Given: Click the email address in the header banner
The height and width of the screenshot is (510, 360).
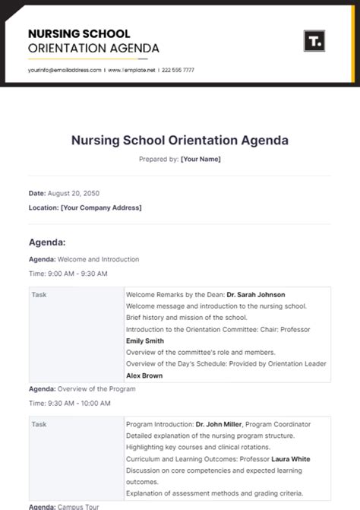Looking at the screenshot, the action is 65,70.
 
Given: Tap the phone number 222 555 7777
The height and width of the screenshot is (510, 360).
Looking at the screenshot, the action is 178,70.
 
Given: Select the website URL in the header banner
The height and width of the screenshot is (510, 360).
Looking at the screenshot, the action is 131,70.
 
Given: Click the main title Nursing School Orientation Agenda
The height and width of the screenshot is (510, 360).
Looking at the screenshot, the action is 180,141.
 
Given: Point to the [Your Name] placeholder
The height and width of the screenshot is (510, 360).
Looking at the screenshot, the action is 201,159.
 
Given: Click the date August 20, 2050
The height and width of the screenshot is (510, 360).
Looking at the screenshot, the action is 74,194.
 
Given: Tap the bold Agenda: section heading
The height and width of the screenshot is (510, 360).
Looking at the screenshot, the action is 47,242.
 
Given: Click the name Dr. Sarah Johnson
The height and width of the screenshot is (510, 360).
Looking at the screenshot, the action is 256,295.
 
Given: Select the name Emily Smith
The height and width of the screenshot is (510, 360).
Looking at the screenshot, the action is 144,341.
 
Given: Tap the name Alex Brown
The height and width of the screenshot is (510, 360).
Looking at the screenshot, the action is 144,375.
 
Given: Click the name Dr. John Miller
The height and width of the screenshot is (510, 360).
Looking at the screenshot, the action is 219,424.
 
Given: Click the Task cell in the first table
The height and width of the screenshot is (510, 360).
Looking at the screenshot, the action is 39,295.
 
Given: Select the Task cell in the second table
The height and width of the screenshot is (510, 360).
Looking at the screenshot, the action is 39,424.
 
